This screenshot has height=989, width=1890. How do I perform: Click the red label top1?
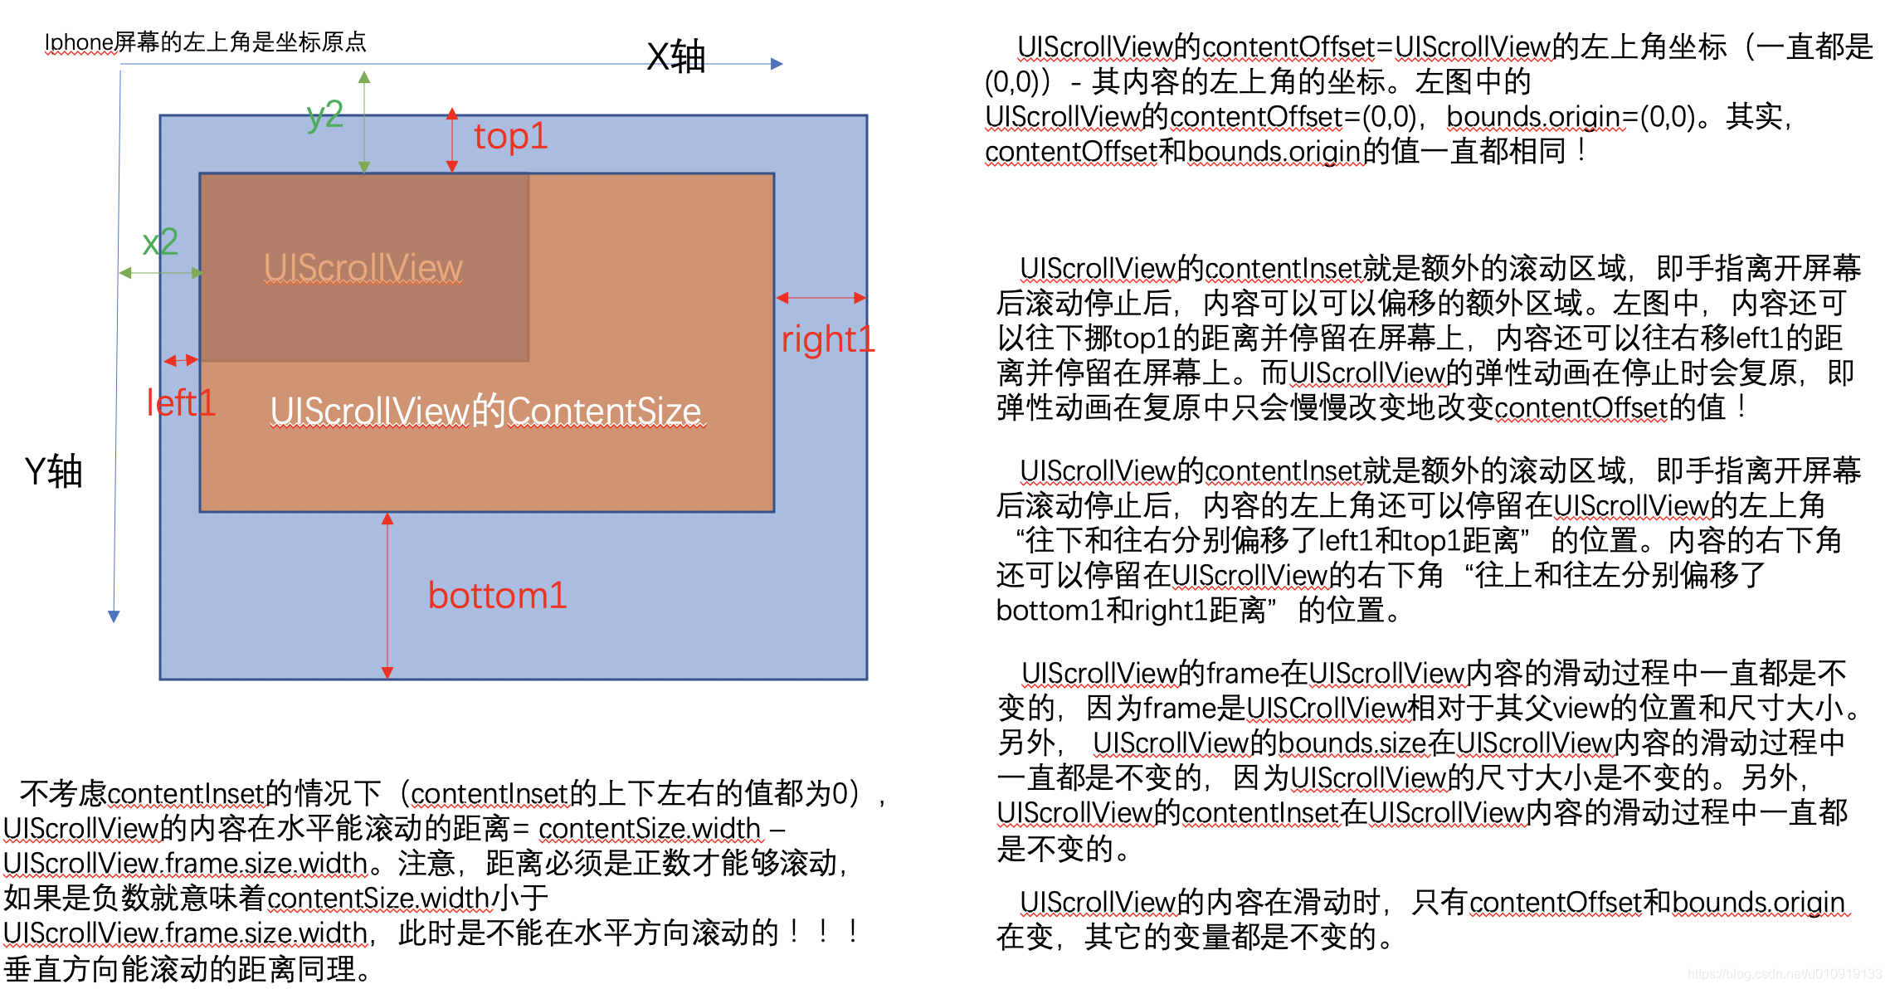pyautogui.click(x=510, y=137)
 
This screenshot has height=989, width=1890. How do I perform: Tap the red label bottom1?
pyautogui.click(x=497, y=596)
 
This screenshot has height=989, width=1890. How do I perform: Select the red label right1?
pyautogui.click(x=827, y=339)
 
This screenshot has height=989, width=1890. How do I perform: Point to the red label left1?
pyautogui.click(x=181, y=403)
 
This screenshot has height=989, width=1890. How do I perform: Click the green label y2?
pyautogui.click(x=324, y=114)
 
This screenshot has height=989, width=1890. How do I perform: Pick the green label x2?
pyautogui.click(x=160, y=242)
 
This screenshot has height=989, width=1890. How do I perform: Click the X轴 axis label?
pyautogui.click(x=675, y=57)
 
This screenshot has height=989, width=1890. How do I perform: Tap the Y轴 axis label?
pyautogui.click(x=54, y=471)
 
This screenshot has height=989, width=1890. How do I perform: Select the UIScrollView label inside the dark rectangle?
pyautogui.click(x=363, y=268)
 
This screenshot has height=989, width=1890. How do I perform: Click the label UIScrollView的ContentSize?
pyautogui.click(x=486, y=412)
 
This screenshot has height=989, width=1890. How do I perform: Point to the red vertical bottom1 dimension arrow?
pyautogui.click(x=387, y=595)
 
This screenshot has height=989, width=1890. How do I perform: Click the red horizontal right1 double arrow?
pyautogui.click(x=821, y=298)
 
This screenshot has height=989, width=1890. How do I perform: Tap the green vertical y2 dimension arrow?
pyautogui.click(x=364, y=122)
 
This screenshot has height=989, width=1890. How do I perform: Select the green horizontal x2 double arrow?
pyautogui.click(x=161, y=273)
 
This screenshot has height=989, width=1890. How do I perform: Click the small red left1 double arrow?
pyautogui.click(x=181, y=360)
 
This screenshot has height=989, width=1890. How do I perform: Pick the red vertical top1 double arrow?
pyautogui.click(x=452, y=139)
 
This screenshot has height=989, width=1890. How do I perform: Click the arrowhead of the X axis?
pyautogui.click(x=777, y=64)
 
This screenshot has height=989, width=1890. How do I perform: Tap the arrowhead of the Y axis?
pyautogui.click(x=114, y=616)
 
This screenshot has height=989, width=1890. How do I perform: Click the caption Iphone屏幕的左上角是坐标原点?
pyautogui.click(x=205, y=42)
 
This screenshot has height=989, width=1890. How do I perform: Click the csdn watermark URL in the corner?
pyautogui.click(x=1785, y=974)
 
